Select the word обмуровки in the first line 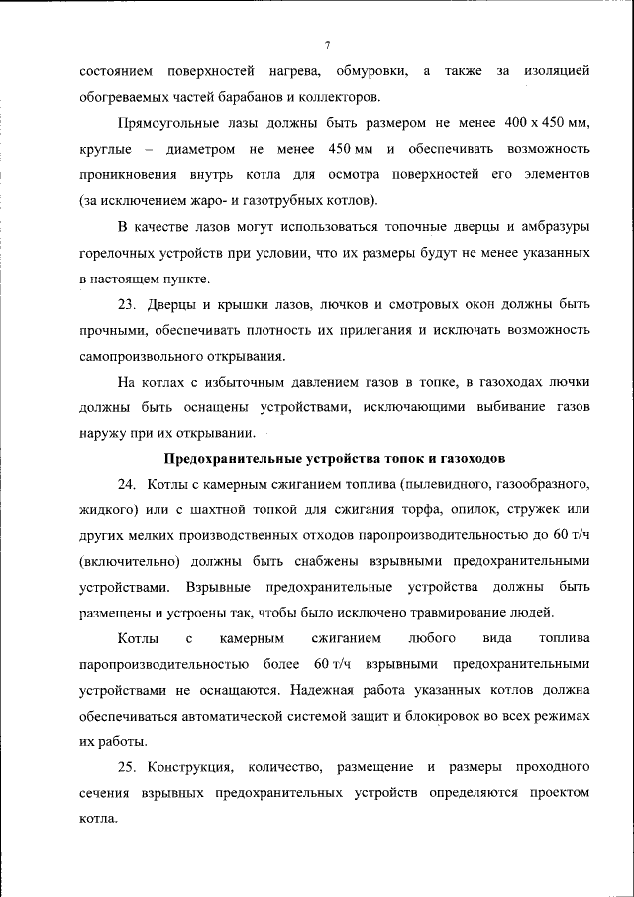pos(371,72)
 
